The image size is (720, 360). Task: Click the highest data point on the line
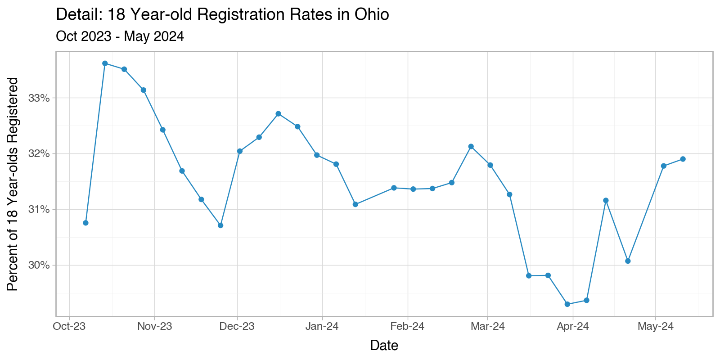(x=105, y=63)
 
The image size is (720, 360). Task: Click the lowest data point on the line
(x=567, y=304)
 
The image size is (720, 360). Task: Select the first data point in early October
(x=85, y=223)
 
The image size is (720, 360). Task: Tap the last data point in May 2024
(x=683, y=159)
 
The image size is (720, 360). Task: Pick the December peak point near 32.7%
(x=279, y=113)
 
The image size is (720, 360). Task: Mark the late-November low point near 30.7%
(x=220, y=225)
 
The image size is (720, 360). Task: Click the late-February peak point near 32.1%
(x=471, y=146)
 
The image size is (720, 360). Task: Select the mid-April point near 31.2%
(x=606, y=200)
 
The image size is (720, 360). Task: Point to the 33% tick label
(x=39, y=98)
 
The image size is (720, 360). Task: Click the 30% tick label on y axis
(x=39, y=265)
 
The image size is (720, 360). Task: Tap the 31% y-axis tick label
(x=39, y=210)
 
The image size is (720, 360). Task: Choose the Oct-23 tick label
(x=69, y=327)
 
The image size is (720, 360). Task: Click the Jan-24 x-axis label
(x=322, y=327)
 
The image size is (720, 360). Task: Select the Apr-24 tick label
(x=572, y=327)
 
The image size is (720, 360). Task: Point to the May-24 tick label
(x=655, y=327)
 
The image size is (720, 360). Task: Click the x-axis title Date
(x=384, y=346)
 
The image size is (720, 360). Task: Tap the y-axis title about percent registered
(x=13, y=184)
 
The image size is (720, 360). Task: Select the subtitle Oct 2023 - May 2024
(x=120, y=36)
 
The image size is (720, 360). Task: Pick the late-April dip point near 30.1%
(x=628, y=261)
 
